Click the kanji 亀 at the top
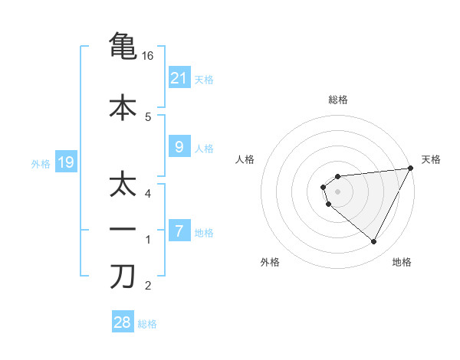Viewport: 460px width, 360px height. pyautogui.click(x=123, y=45)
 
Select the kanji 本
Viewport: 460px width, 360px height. pyautogui.click(x=123, y=106)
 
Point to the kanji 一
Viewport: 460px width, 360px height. pyautogui.click(x=123, y=229)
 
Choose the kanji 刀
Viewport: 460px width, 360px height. pyautogui.click(x=123, y=275)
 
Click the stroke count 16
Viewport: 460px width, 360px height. pyautogui.click(x=148, y=56)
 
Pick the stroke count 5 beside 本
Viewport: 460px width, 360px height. pyautogui.click(x=148, y=117)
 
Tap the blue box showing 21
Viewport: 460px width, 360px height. pyautogui.click(x=179, y=77)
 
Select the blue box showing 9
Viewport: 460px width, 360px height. pyautogui.click(x=179, y=148)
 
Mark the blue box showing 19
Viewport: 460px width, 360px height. pyautogui.click(x=65, y=162)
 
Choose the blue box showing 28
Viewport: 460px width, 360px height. pyautogui.click(x=122, y=322)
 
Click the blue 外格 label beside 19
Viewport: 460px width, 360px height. pyautogui.click(x=41, y=163)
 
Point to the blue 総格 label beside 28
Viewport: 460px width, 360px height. pyautogui.click(x=147, y=324)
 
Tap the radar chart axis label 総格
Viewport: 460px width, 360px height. pyautogui.click(x=337, y=100)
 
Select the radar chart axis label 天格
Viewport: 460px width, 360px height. pyautogui.click(x=431, y=159)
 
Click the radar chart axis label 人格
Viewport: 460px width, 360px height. pyautogui.click(x=245, y=159)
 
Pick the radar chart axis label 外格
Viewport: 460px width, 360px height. pyautogui.click(x=270, y=262)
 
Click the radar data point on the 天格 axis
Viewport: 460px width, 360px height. pyautogui.click(x=411, y=168)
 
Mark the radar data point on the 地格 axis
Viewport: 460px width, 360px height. pyautogui.click(x=374, y=242)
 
